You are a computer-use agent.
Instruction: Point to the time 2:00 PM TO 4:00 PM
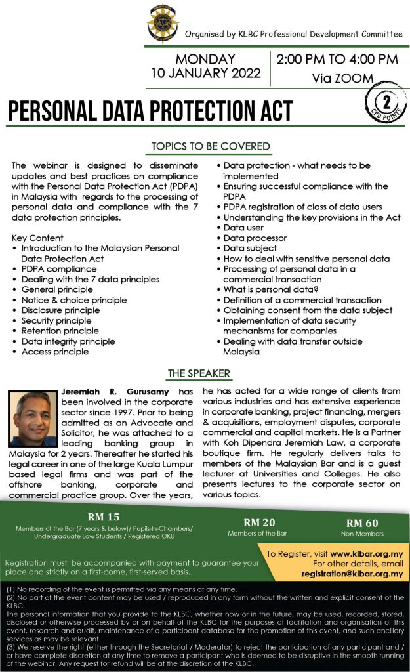337,59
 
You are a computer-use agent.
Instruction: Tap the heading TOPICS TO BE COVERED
211,146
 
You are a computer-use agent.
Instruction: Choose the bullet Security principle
56,320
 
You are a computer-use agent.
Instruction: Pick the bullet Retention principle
60,331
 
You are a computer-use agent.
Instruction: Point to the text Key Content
38,238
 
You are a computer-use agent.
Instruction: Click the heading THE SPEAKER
199,373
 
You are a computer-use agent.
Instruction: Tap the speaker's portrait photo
32,419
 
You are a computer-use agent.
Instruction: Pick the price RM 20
258,522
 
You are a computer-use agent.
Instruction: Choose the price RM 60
362,523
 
